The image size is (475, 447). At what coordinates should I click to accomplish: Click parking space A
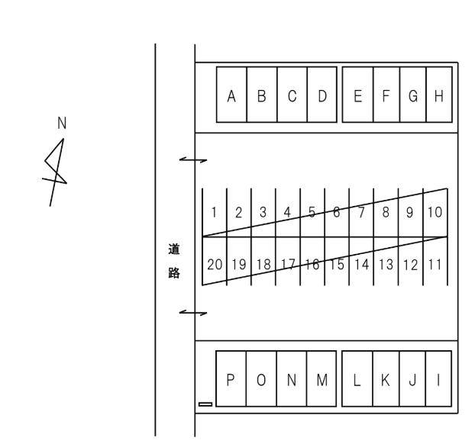[231, 96]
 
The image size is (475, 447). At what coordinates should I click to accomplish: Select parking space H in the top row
[438, 96]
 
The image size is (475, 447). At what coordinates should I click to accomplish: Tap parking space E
[357, 96]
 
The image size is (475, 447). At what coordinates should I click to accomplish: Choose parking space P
[231, 380]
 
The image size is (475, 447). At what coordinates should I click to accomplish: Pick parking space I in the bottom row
[438, 380]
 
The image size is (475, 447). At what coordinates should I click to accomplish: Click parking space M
[322, 380]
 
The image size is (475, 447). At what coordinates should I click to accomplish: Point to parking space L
[357, 380]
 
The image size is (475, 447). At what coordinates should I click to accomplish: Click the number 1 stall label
[215, 213]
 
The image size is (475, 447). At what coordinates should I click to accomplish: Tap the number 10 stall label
[435, 211]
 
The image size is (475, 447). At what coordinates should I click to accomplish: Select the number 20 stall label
[215, 265]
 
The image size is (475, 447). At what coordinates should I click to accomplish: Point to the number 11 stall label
[435, 265]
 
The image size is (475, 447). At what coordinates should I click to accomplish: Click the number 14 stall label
[361, 265]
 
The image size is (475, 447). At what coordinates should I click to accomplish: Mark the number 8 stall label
[386, 212]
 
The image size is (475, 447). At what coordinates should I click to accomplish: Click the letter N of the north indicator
[62, 123]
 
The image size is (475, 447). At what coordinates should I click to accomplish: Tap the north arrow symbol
[56, 169]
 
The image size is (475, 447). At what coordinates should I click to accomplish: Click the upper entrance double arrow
[192, 160]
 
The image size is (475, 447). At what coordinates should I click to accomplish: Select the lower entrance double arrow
[192, 312]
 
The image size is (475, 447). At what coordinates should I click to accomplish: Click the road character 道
[173, 249]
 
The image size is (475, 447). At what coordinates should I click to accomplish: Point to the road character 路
[173, 272]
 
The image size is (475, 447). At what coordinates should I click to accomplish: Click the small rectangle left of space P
[205, 404]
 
